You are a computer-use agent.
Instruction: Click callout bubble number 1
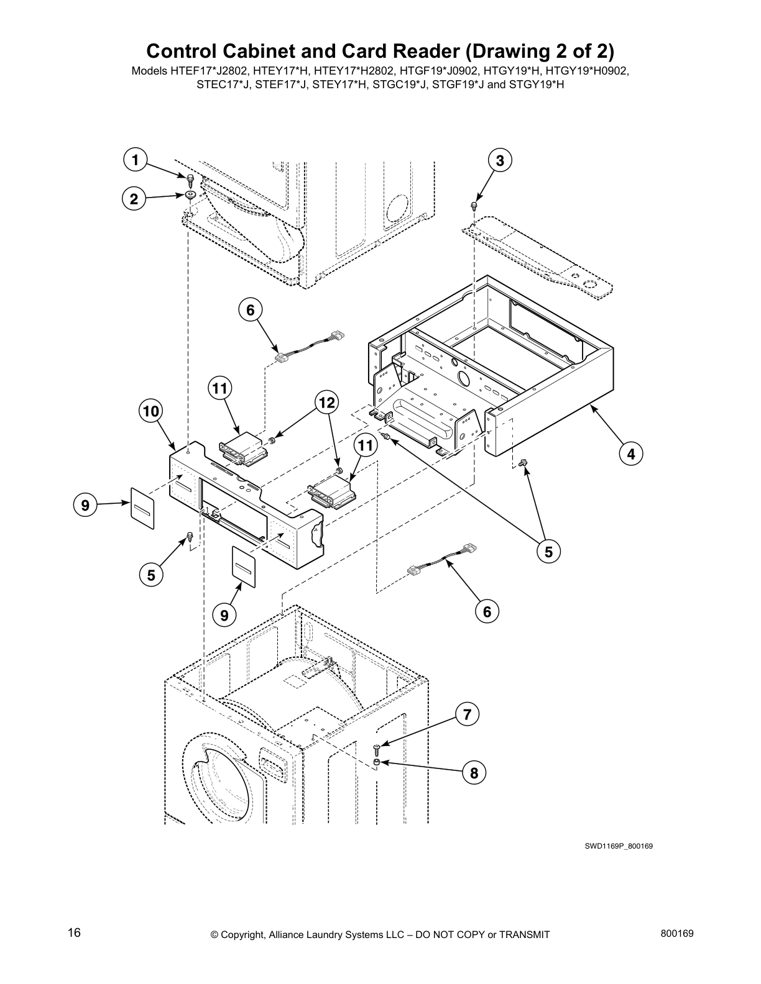pyautogui.click(x=134, y=160)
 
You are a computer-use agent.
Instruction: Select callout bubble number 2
pyautogui.click(x=134, y=199)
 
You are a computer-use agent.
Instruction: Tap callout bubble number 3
pyautogui.click(x=499, y=160)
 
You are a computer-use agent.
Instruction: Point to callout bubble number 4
pyautogui.click(x=630, y=453)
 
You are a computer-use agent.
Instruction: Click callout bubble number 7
pyautogui.click(x=467, y=714)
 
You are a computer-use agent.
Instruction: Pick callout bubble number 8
pyautogui.click(x=474, y=773)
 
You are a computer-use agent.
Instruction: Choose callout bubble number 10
pyautogui.click(x=151, y=411)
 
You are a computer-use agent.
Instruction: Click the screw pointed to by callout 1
pyautogui.click(x=191, y=180)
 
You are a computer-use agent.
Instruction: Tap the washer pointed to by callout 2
pyautogui.click(x=190, y=196)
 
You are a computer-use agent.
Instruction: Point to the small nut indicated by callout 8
pyautogui.click(x=377, y=762)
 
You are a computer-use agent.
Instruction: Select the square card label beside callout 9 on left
pyautogui.click(x=142, y=508)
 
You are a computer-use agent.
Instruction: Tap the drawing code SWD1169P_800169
pyautogui.click(x=618, y=846)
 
